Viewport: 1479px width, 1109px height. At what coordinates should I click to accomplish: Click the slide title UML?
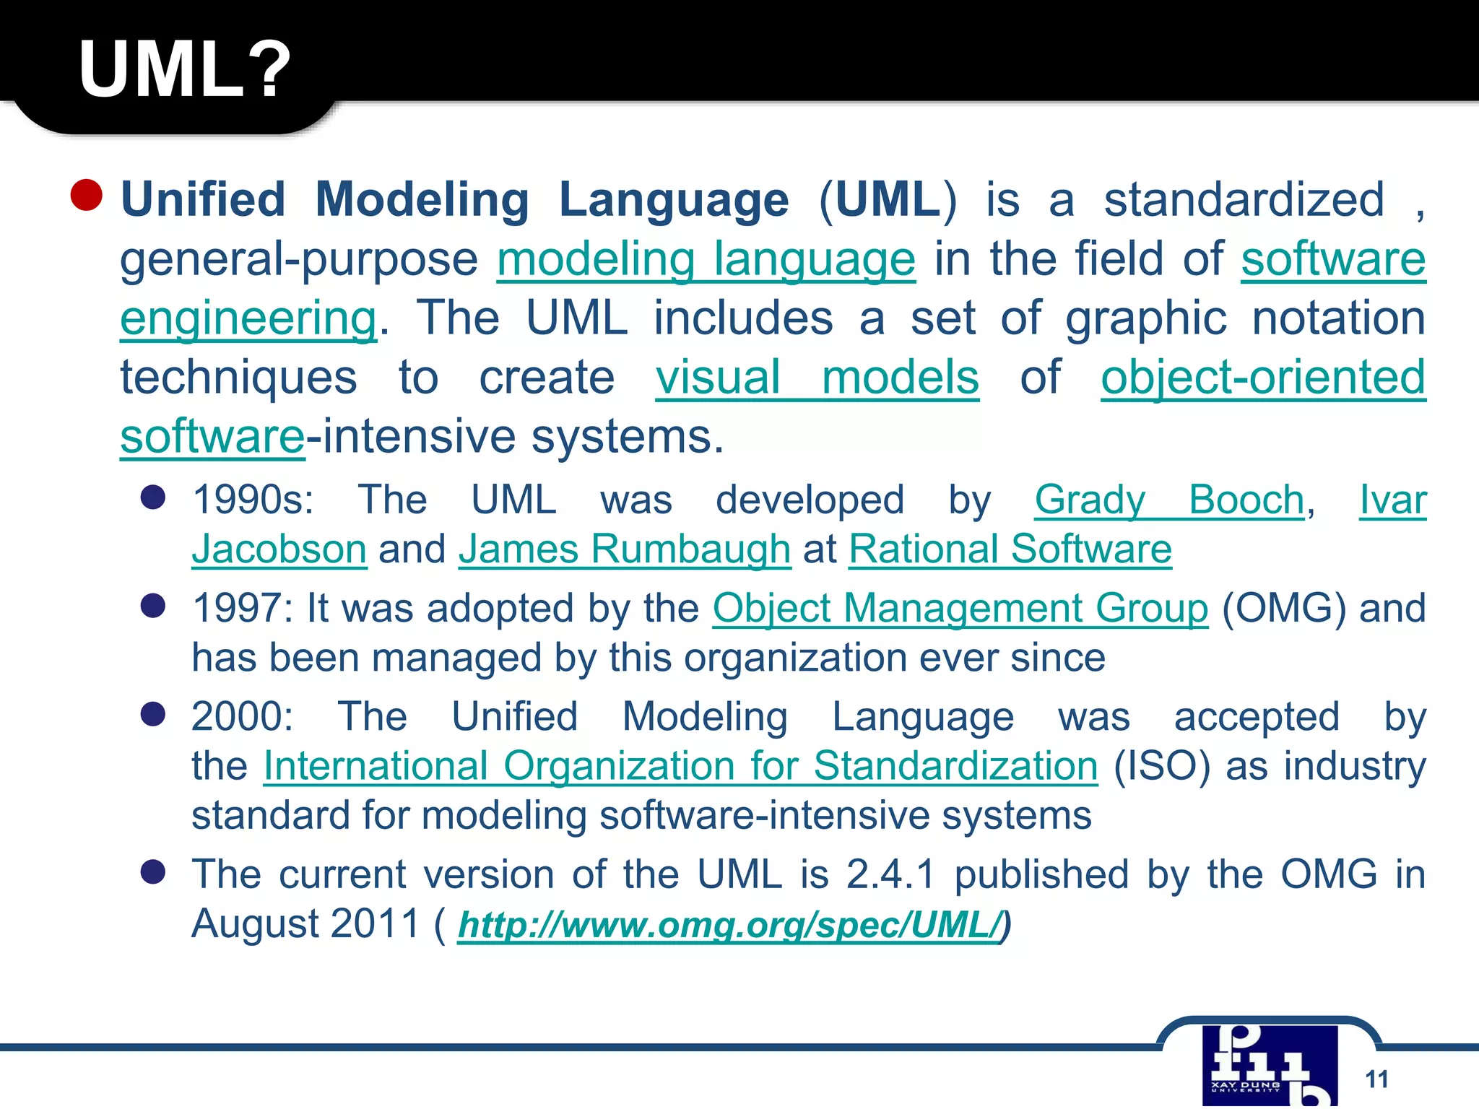(x=185, y=69)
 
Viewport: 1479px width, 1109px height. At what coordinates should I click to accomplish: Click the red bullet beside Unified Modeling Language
(x=87, y=195)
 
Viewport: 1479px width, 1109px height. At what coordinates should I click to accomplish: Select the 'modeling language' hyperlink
(x=706, y=259)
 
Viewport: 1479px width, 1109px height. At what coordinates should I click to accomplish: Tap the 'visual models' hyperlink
(x=817, y=378)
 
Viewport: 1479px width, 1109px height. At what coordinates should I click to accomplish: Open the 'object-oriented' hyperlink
(x=1263, y=378)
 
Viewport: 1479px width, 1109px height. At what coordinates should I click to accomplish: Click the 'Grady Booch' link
(x=1169, y=500)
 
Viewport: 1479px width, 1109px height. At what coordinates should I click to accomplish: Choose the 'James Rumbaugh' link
(x=625, y=549)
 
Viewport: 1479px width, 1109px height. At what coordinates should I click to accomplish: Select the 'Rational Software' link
(x=1010, y=549)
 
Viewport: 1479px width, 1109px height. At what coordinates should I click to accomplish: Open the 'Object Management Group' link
(x=960, y=608)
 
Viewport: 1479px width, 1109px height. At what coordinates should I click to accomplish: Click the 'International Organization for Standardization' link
(x=680, y=765)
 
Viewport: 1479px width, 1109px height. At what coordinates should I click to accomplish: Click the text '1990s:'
(x=253, y=500)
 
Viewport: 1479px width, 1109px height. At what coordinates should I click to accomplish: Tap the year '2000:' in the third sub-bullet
(x=242, y=716)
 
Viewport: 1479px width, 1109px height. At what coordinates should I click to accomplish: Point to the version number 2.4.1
(x=890, y=874)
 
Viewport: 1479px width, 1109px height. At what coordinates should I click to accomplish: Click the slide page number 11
(x=1376, y=1079)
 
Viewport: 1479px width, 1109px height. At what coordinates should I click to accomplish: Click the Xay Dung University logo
(x=1270, y=1066)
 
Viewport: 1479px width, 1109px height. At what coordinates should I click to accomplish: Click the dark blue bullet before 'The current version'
(x=153, y=871)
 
